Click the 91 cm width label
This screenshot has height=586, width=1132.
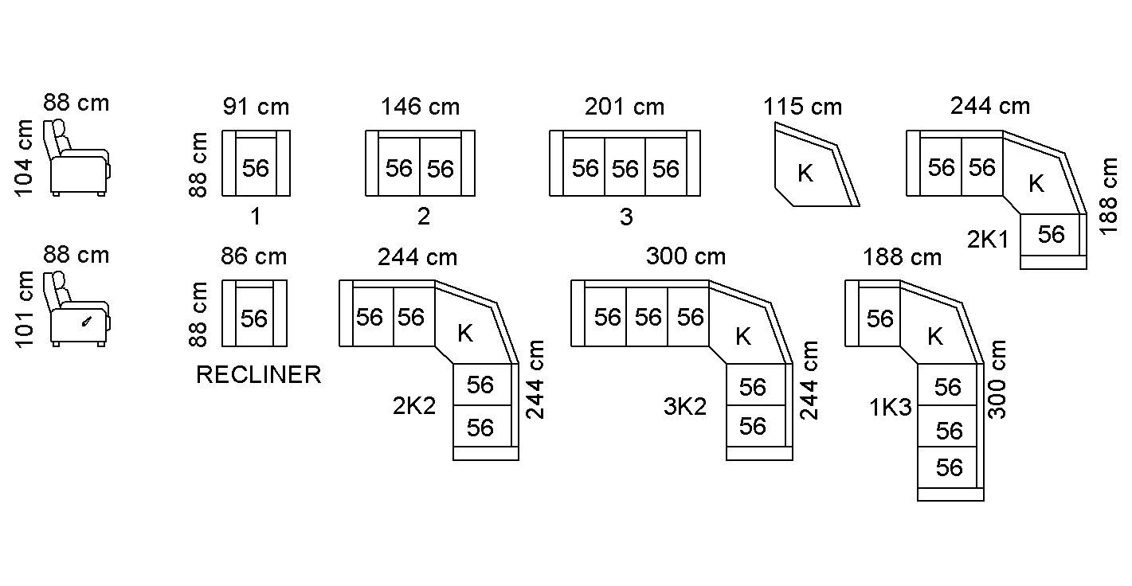pos(256,107)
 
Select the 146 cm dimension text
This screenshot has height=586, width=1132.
pos(420,107)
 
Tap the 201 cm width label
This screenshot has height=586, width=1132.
pos(624,107)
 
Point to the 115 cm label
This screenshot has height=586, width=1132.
pos(802,107)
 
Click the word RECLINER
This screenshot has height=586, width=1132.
pos(258,375)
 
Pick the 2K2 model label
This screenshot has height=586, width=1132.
pos(414,407)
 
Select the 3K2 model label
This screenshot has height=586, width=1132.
pos(685,407)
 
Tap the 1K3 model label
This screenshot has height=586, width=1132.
pos(890,408)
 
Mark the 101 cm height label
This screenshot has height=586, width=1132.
pos(25,309)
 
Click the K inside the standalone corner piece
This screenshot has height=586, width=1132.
pos(805,174)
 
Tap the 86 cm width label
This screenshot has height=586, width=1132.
pos(253,256)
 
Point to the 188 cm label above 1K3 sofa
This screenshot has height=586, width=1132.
pos(902,258)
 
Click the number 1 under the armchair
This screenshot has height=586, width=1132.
pos(256,217)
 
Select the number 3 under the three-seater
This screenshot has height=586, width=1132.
pos(626,217)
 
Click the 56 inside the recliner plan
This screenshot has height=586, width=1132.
pos(254,318)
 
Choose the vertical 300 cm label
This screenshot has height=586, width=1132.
pos(998,379)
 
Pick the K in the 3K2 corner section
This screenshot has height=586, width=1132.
pos(742,336)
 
